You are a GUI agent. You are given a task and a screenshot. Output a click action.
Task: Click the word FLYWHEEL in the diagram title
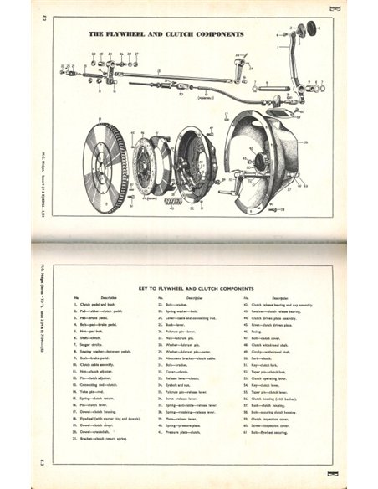tap(134, 36)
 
